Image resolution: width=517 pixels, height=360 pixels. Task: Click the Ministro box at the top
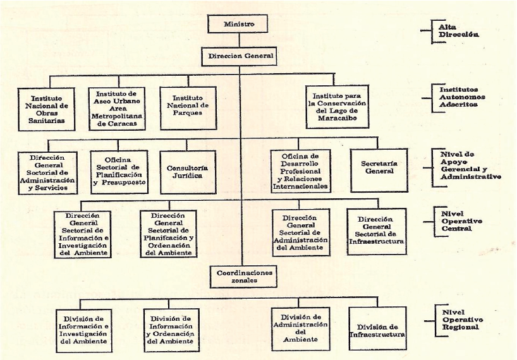[239, 24]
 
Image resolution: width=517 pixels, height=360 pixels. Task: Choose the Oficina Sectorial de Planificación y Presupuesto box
[119, 172]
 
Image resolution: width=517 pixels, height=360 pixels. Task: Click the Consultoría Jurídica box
[185, 172]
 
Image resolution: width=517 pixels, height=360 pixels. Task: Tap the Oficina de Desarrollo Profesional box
[300, 171]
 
